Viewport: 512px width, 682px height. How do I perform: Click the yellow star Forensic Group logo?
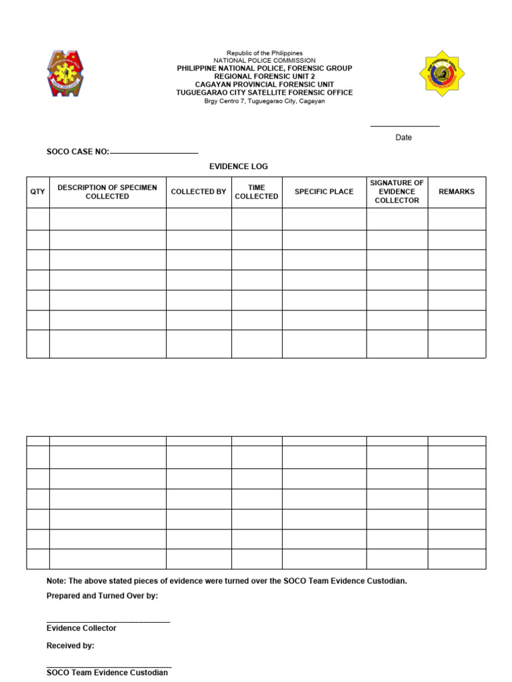tap(442, 73)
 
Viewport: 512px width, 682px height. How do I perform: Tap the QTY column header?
tap(38, 192)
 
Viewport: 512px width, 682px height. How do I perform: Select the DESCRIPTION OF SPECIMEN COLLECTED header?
tap(107, 192)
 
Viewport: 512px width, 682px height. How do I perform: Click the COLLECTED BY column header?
tap(199, 192)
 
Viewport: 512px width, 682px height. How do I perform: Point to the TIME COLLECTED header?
tap(257, 192)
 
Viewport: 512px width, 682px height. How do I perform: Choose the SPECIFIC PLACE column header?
tap(324, 192)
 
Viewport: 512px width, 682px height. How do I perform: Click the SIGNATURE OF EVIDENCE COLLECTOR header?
tap(397, 192)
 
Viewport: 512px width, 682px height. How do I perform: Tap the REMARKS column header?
tap(457, 192)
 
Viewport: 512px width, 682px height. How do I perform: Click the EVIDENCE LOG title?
tap(239, 167)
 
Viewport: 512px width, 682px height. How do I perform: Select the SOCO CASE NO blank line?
tap(154, 153)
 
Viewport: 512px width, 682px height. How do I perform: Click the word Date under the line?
tap(403, 138)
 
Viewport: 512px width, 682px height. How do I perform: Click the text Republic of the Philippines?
tap(265, 53)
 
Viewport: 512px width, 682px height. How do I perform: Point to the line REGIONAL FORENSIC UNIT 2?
tap(265, 77)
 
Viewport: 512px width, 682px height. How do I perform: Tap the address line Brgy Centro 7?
tap(265, 101)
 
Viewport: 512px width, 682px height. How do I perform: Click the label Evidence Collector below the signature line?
tap(81, 628)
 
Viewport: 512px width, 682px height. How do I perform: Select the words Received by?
tap(70, 645)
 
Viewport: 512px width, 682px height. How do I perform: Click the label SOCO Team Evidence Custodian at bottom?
tap(107, 673)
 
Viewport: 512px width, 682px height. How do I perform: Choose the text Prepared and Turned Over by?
tap(102, 595)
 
